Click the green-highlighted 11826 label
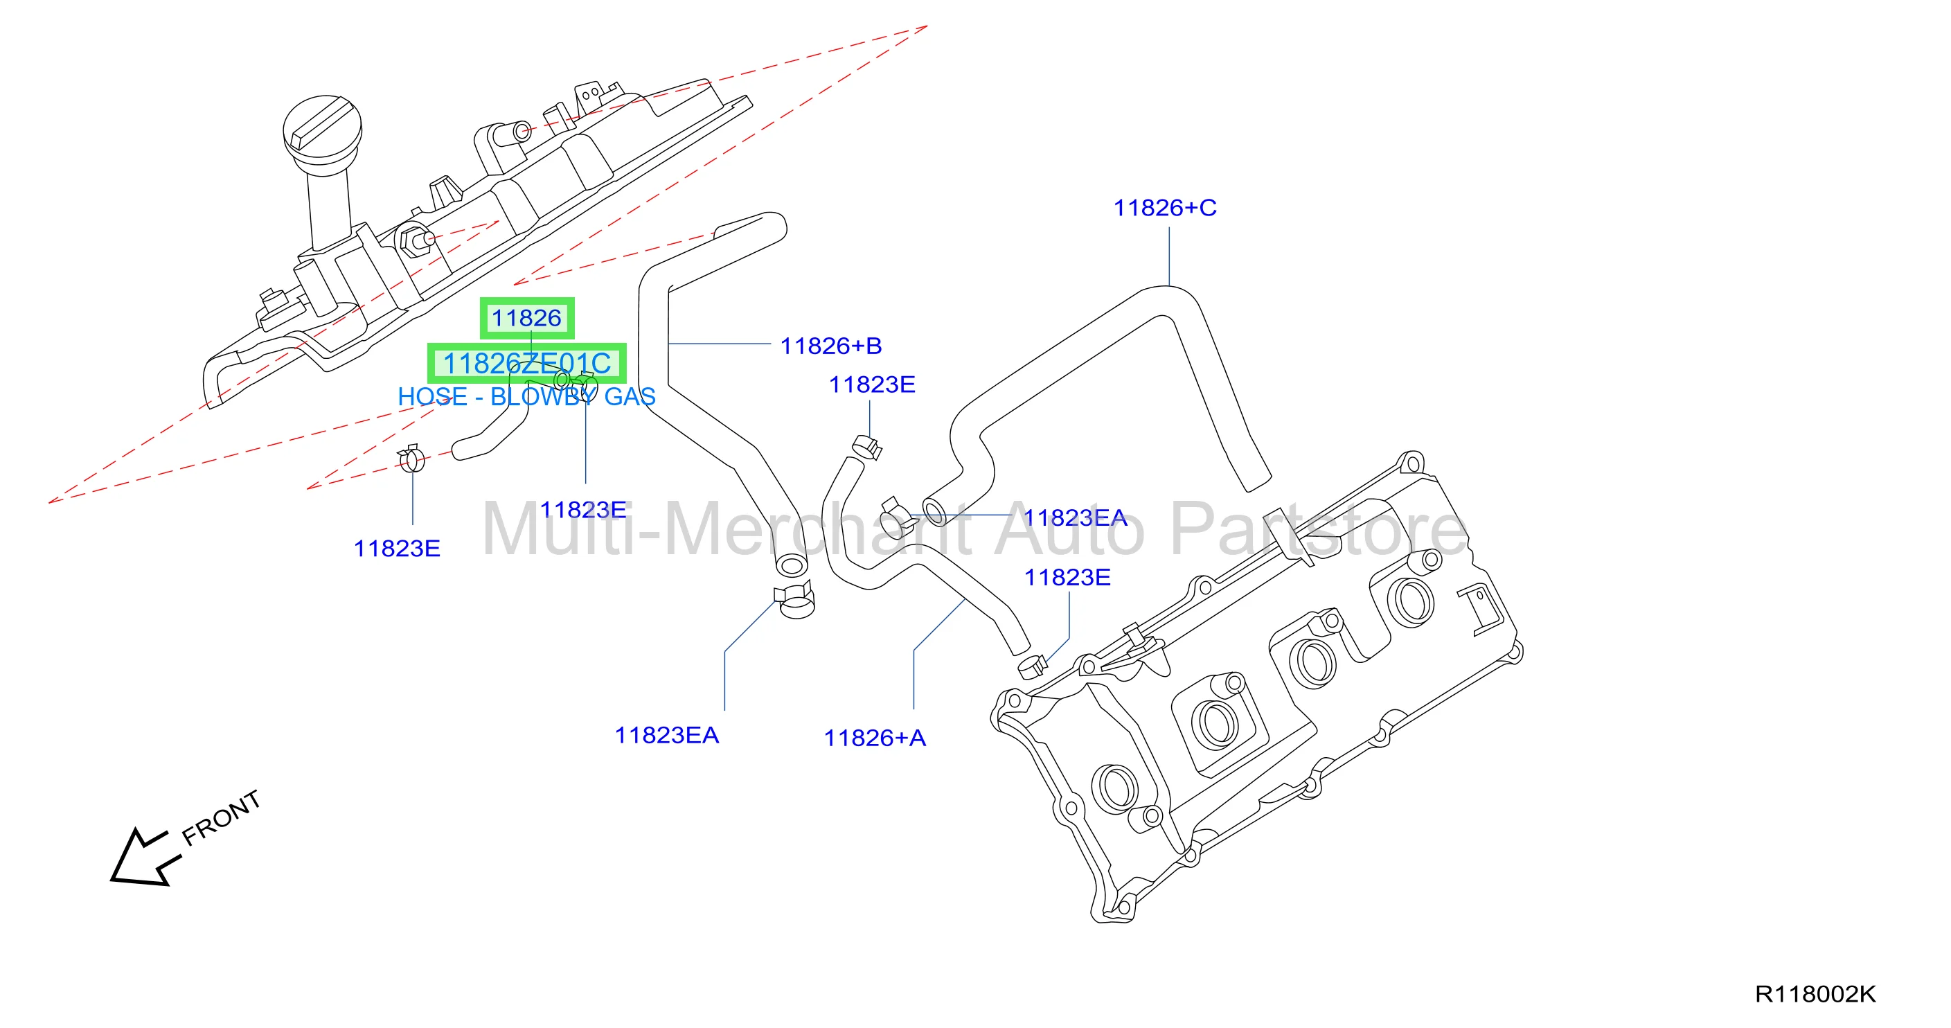click(x=527, y=318)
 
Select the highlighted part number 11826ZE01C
click(x=527, y=364)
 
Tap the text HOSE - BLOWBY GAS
click(x=527, y=396)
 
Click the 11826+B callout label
click(x=831, y=346)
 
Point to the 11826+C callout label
click(x=1165, y=208)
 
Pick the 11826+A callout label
click(x=875, y=738)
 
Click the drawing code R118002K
click(x=1815, y=994)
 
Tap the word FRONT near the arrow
click(x=222, y=817)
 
